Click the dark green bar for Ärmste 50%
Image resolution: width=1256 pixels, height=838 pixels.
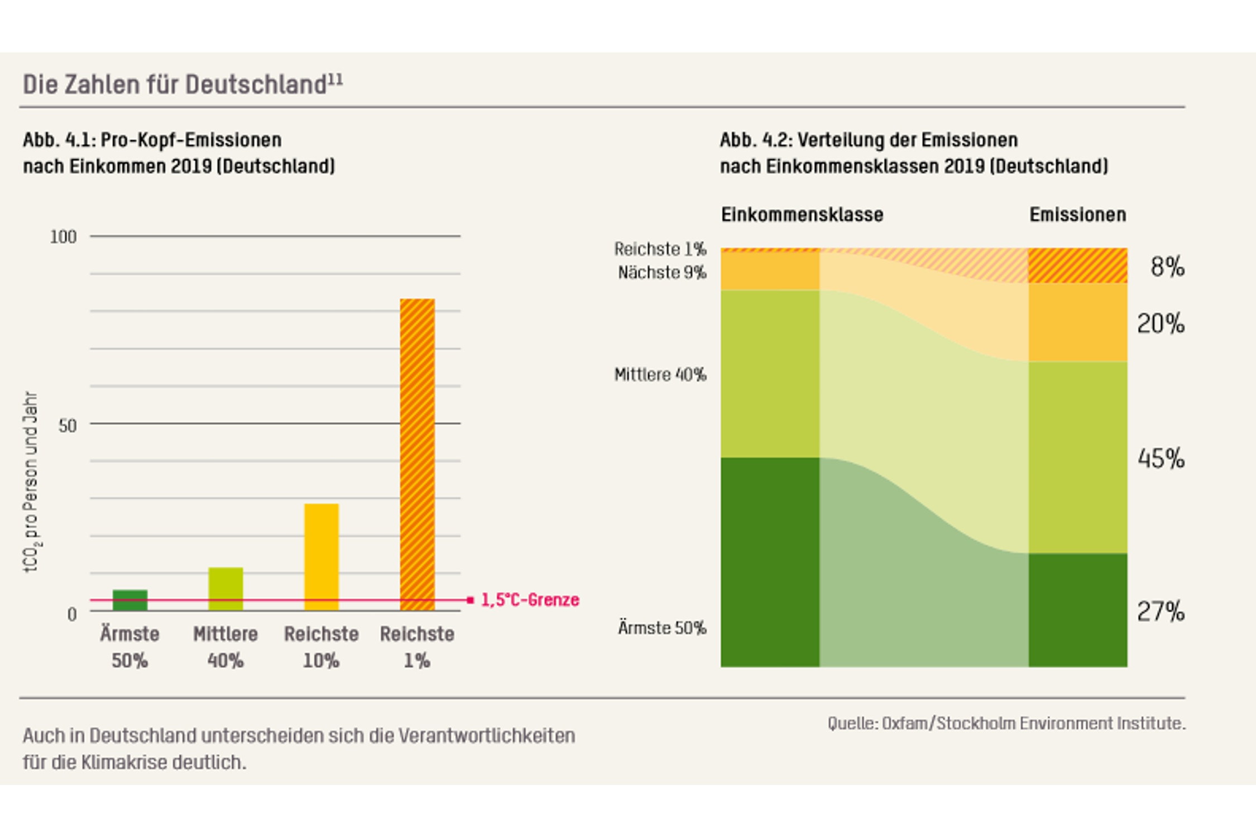click(130, 599)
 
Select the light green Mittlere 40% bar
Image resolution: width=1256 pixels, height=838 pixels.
click(226, 588)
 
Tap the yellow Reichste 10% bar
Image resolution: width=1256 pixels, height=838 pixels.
click(322, 556)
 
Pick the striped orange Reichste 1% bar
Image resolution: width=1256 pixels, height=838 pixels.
click(417, 454)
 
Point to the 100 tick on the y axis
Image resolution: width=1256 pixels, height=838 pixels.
click(63, 237)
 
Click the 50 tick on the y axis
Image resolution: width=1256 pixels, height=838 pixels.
click(68, 426)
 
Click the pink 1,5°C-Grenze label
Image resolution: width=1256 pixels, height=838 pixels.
click(530, 600)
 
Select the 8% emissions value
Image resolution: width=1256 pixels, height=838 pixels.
click(1167, 266)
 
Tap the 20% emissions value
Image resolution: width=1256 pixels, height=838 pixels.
click(1161, 323)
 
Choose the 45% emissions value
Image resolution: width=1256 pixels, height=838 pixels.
click(1161, 459)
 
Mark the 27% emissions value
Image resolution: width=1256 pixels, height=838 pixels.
click(1161, 612)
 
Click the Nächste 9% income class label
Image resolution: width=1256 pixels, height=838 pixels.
click(662, 273)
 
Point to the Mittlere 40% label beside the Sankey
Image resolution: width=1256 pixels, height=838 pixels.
click(660, 374)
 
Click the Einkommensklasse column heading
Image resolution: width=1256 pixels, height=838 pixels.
click(802, 215)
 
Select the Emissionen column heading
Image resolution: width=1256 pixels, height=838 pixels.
click(1077, 215)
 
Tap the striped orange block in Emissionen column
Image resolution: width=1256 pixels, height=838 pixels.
click(1077, 265)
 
